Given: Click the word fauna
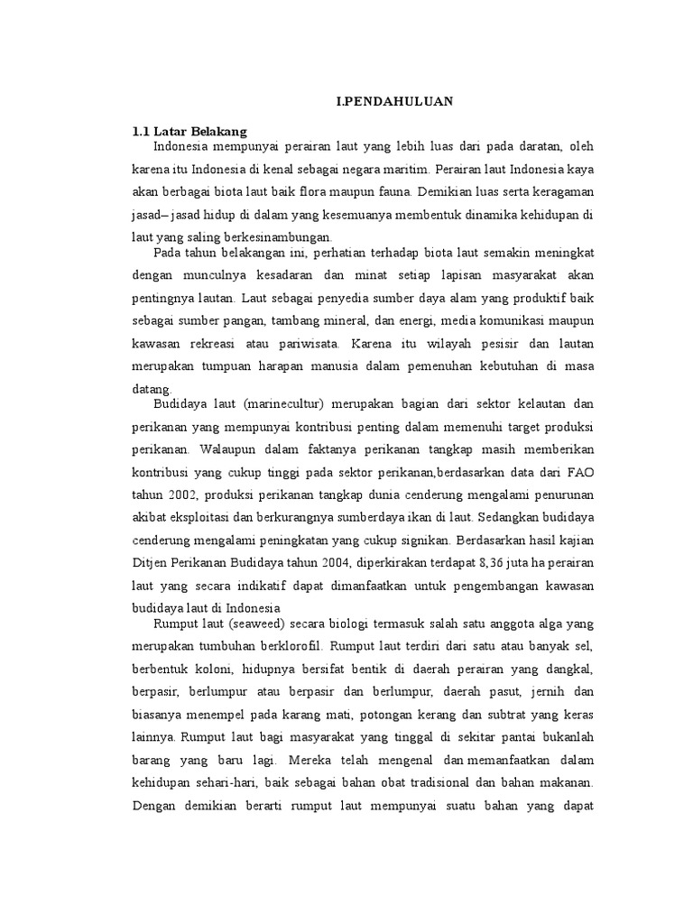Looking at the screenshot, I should tap(389, 191).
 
